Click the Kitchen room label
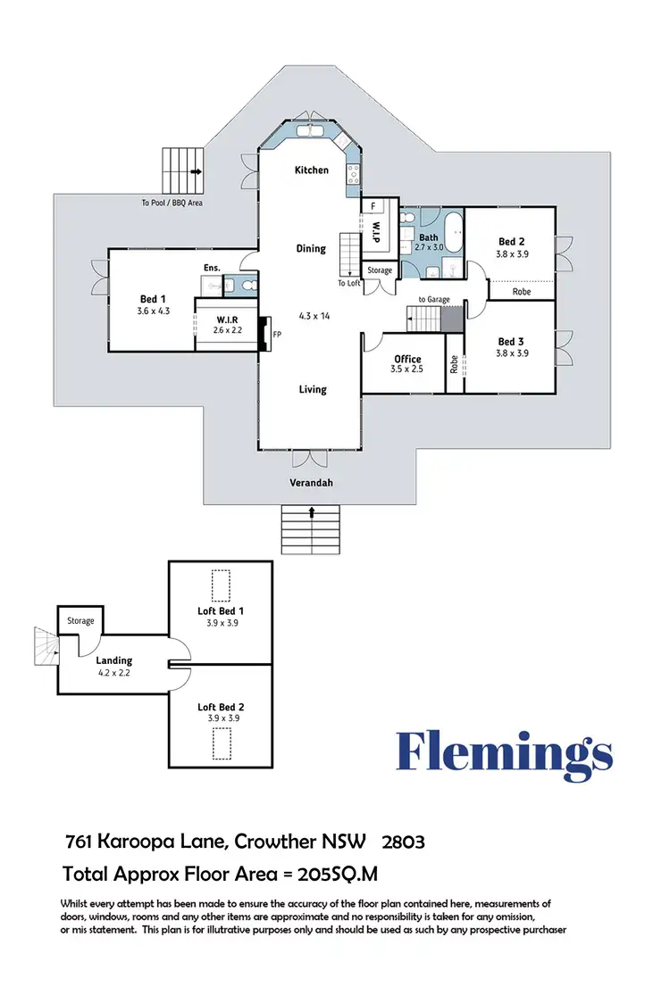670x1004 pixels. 312,170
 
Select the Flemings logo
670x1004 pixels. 505,751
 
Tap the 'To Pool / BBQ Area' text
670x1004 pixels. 172,203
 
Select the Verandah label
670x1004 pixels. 311,483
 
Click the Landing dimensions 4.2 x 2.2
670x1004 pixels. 114,672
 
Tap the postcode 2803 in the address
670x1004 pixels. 403,841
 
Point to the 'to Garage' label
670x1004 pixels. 434,300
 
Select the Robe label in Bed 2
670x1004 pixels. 523,291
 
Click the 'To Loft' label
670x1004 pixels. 348,283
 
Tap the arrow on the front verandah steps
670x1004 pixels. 312,512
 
